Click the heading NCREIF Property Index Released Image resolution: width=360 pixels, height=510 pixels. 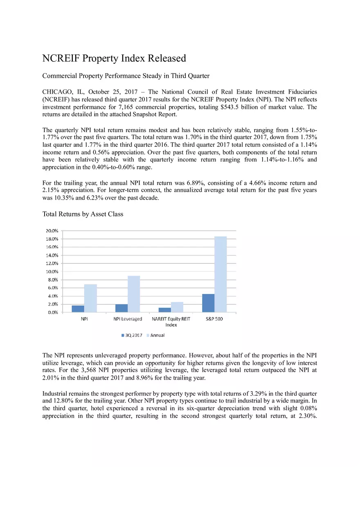tap(114, 58)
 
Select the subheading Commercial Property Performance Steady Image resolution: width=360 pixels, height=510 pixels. tap(126, 76)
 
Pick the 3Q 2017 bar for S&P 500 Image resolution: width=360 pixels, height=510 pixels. tap(208, 303)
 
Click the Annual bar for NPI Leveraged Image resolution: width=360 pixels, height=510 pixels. tap(134, 294)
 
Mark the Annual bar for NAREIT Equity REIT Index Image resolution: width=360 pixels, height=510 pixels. tap(177, 307)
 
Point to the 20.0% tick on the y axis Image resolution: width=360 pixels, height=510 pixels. tap(51, 231)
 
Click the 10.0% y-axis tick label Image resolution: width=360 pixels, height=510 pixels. tap(51, 272)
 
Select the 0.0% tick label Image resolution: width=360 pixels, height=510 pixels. tap(52, 312)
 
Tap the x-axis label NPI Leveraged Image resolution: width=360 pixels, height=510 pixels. tap(128, 319)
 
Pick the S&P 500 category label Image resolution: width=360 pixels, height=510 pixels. tap(214, 319)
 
